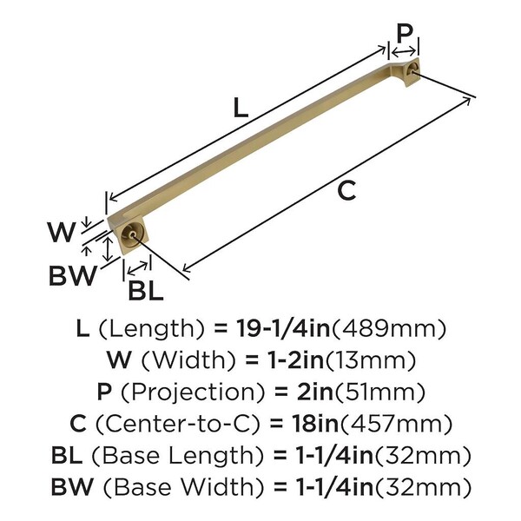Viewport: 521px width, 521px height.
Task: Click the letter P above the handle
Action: click(x=405, y=33)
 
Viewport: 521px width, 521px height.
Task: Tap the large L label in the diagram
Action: click(x=241, y=108)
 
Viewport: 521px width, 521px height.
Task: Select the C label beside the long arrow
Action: click(x=346, y=190)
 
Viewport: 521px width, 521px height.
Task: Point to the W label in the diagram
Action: click(x=62, y=232)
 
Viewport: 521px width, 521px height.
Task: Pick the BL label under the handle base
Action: click(x=146, y=291)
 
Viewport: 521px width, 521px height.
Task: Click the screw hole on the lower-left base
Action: click(x=132, y=234)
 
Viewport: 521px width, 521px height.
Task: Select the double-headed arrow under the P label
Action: click(x=404, y=51)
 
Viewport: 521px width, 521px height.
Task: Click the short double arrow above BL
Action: click(x=137, y=267)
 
